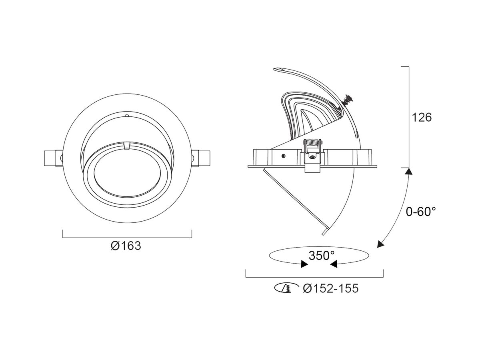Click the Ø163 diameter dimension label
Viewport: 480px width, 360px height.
click(x=126, y=246)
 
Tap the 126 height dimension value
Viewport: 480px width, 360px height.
click(x=422, y=118)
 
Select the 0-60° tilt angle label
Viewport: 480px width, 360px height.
click(x=421, y=211)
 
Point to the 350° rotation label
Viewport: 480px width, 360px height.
click(x=321, y=255)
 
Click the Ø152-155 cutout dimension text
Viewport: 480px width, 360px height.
click(x=331, y=288)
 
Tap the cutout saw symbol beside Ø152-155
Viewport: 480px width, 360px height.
click(x=286, y=288)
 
